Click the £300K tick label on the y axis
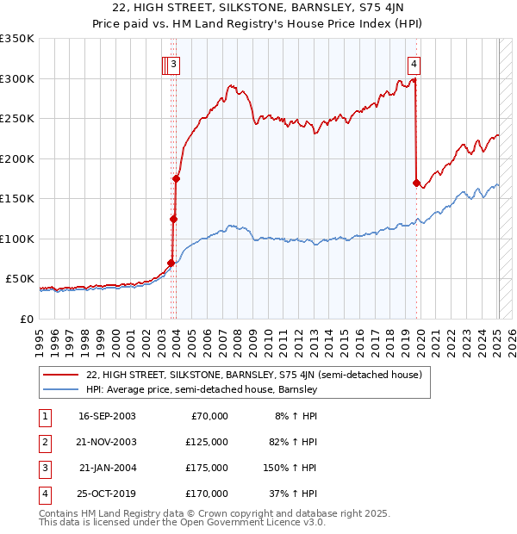pyautogui.click(x=17, y=78)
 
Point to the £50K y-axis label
pyautogui.click(x=20, y=279)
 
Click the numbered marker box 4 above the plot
pyautogui.click(x=414, y=63)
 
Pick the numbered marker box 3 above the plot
pyautogui.click(x=173, y=63)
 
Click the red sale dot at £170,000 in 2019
pyautogui.click(x=416, y=183)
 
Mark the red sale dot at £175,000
pyautogui.click(x=177, y=179)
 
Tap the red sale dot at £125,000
pyautogui.click(x=173, y=219)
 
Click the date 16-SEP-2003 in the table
pyautogui.click(x=107, y=416)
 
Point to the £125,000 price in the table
pyautogui.click(x=207, y=442)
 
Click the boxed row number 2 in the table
pyautogui.click(x=43, y=442)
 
